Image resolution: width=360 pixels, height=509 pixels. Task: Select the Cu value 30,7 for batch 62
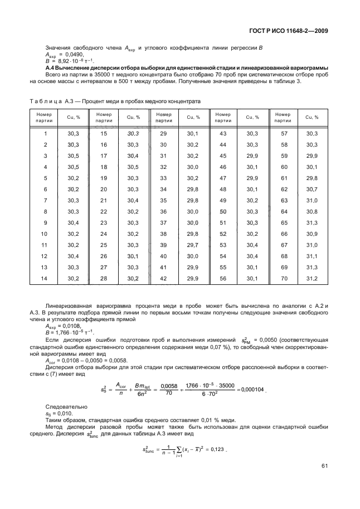(x=312, y=189)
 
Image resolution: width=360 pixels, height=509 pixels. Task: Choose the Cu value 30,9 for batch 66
(x=312, y=234)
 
